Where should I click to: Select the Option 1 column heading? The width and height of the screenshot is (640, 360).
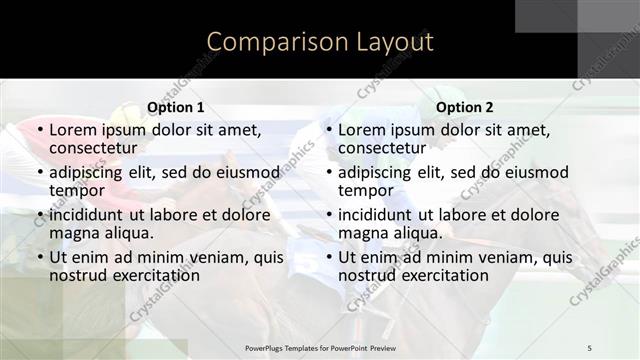click(176, 108)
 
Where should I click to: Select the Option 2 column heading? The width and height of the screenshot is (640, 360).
click(465, 108)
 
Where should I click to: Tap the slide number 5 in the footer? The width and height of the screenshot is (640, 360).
click(590, 347)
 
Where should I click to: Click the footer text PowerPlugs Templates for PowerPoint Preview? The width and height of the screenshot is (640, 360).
click(319, 347)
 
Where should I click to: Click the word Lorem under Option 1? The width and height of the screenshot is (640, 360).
click(74, 130)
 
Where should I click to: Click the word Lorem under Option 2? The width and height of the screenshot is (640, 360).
click(363, 130)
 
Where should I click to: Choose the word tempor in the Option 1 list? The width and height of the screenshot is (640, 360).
click(77, 190)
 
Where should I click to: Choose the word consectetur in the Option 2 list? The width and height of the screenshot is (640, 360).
click(388, 148)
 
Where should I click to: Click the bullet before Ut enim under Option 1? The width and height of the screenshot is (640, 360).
click(39, 257)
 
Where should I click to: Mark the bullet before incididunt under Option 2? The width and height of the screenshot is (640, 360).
click(328, 215)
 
